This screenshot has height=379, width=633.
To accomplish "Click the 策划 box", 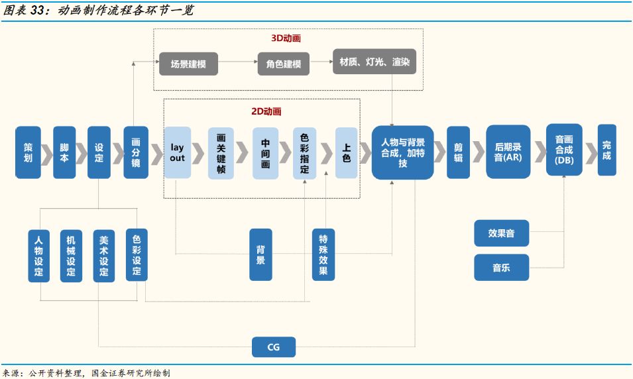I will tap(28, 152).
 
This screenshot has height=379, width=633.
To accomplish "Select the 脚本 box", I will tap(64, 152).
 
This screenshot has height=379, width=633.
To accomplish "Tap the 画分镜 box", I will tap(136, 152).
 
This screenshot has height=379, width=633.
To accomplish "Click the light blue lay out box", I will tap(177, 152).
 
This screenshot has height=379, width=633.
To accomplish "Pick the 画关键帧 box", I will tap(221, 153).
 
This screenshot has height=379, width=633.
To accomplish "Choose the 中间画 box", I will tap(265, 153).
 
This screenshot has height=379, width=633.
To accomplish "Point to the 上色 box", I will tap(346, 153).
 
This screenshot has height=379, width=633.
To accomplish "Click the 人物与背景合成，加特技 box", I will tap(402, 152).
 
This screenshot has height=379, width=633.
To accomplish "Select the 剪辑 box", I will tap(458, 152).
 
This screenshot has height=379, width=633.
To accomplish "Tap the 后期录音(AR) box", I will tap(508, 152).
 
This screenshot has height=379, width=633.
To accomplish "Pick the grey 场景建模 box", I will tap(188, 64).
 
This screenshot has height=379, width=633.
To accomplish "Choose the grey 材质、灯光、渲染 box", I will tap(374, 62).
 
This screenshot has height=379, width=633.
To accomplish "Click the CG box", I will tap(273, 347).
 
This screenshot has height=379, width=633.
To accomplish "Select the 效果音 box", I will tap(501, 233).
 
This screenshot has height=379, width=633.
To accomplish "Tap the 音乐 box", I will tap(501, 268).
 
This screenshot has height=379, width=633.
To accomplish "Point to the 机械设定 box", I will tap(71, 256).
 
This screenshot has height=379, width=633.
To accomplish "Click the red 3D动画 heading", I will tap(286, 38).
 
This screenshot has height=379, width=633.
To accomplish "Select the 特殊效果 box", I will tap(323, 254).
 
